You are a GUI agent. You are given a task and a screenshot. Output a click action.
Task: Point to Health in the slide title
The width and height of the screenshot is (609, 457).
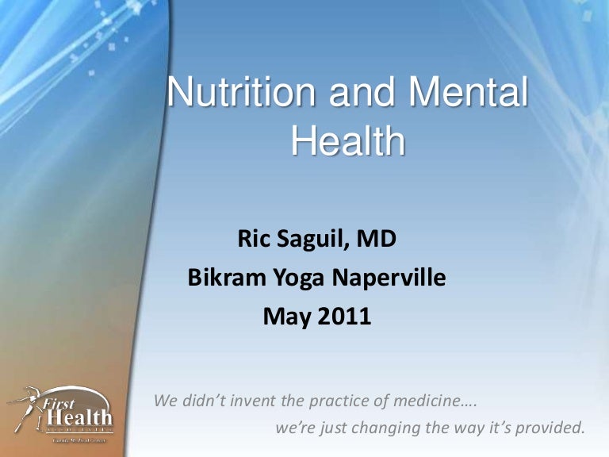tap(348, 143)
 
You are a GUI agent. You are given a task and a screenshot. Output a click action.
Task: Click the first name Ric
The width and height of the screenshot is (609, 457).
tap(255, 237)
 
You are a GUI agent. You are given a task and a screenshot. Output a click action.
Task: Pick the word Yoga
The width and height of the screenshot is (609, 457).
tap(299, 278)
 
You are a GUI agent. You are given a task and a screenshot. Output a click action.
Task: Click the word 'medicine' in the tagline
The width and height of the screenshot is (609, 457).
tap(436, 400)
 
